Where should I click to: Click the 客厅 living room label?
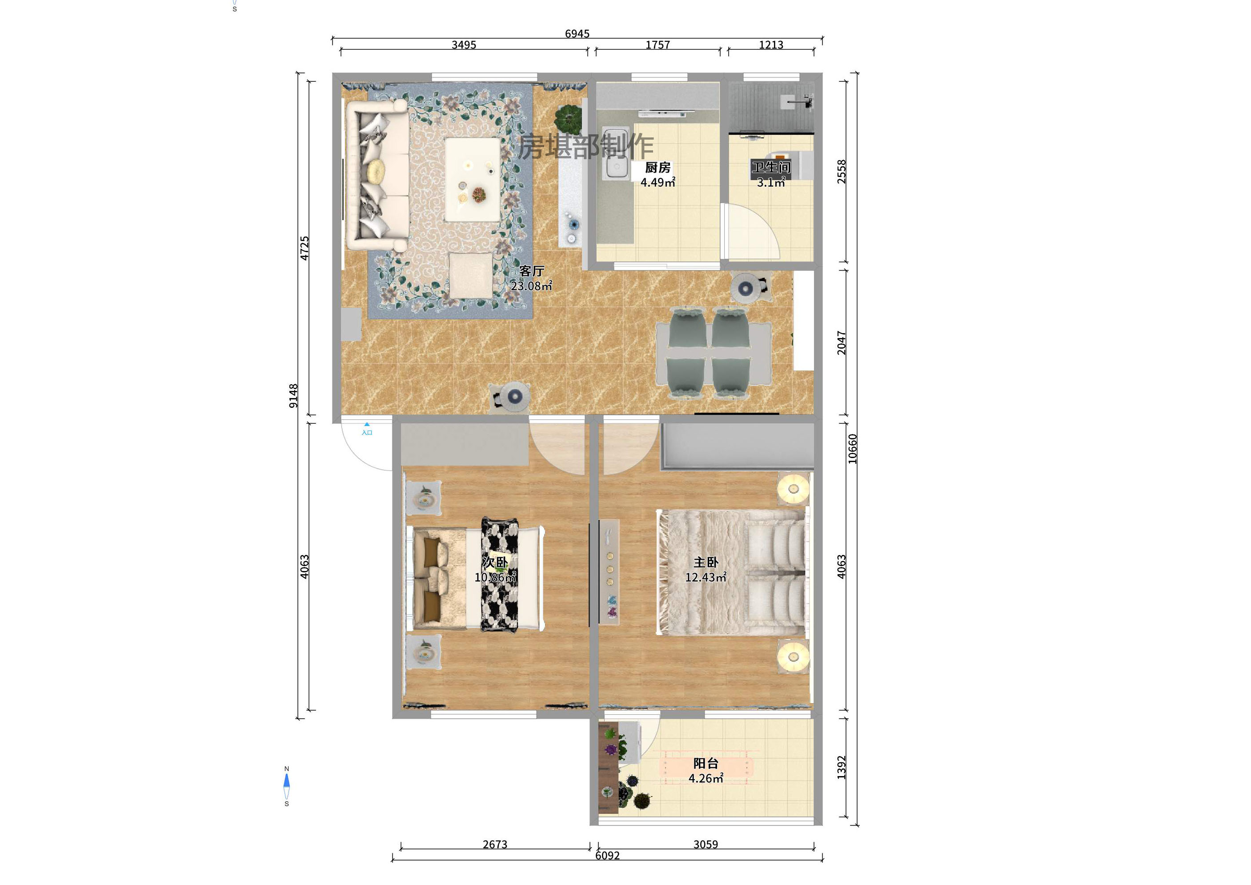click(531, 271)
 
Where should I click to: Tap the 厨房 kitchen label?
click(658, 167)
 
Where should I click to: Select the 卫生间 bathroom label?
click(771, 167)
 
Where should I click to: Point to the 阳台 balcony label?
click(706, 764)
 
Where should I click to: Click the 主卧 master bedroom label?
click(706, 562)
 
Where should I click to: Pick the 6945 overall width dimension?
click(577, 34)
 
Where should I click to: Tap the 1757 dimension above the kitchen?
click(658, 44)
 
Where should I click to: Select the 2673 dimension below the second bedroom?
click(495, 844)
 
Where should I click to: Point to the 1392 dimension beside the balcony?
click(842, 767)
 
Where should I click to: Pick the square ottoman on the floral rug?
click(471, 276)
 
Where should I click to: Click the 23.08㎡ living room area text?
click(531, 286)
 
